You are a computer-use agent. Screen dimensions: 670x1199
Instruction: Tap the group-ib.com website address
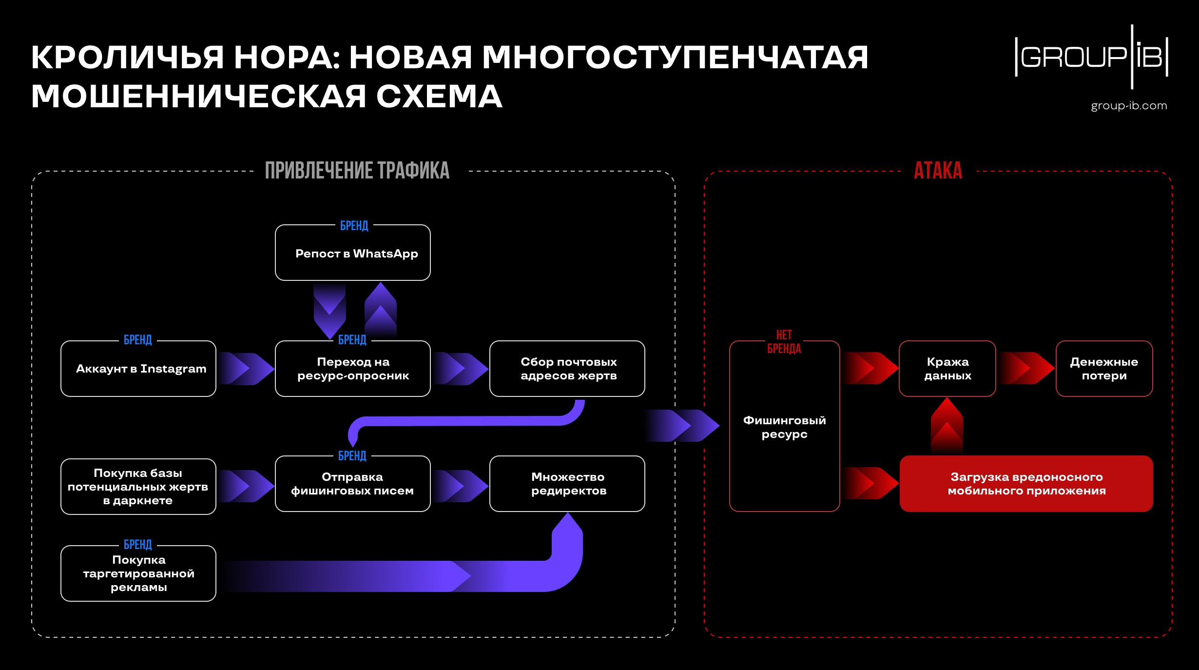pyautogui.click(x=1128, y=106)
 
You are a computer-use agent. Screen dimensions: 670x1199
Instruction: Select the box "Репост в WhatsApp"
pyautogui.click(x=353, y=254)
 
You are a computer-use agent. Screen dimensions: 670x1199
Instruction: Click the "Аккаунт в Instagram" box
pyautogui.click(x=138, y=369)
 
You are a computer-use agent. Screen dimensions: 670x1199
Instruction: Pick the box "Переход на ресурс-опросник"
pyautogui.click(x=353, y=369)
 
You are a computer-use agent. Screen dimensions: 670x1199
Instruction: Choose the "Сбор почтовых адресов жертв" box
pyautogui.click(x=567, y=369)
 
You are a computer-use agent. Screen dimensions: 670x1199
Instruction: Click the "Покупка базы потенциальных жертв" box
pyautogui.click(x=138, y=487)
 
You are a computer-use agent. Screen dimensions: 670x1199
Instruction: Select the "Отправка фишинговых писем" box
pyautogui.click(x=353, y=484)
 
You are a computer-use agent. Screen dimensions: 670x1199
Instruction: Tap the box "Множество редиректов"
pyautogui.click(x=567, y=484)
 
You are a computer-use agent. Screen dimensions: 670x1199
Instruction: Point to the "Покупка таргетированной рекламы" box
pyautogui.click(x=138, y=573)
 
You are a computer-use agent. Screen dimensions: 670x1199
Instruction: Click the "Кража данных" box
pyautogui.click(x=947, y=369)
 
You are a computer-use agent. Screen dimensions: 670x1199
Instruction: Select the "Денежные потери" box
pyautogui.click(x=1104, y=369)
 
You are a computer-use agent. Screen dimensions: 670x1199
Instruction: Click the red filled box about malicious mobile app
pyautogui.click(x=1026, y=484)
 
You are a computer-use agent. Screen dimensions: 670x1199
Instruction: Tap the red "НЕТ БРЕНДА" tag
pyautogui.click(x=784, y=342)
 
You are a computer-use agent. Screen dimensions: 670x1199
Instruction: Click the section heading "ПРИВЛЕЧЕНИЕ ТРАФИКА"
pyautogui.click(x=357, y=171)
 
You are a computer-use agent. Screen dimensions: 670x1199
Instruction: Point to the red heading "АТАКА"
pyautogui.click(x=938, y=171)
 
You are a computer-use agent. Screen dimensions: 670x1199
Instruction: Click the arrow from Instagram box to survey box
pyautogui.click(x=246, y=369)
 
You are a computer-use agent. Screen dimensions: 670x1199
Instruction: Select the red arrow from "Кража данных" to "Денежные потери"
pyautogui.click(x=1026, y=368)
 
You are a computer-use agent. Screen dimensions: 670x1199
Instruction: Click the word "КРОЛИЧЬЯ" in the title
pyautogui.click(x=127, y=58)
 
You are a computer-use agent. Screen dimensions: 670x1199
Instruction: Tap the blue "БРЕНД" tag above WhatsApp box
pyautogui.click(x=354, y=226)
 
